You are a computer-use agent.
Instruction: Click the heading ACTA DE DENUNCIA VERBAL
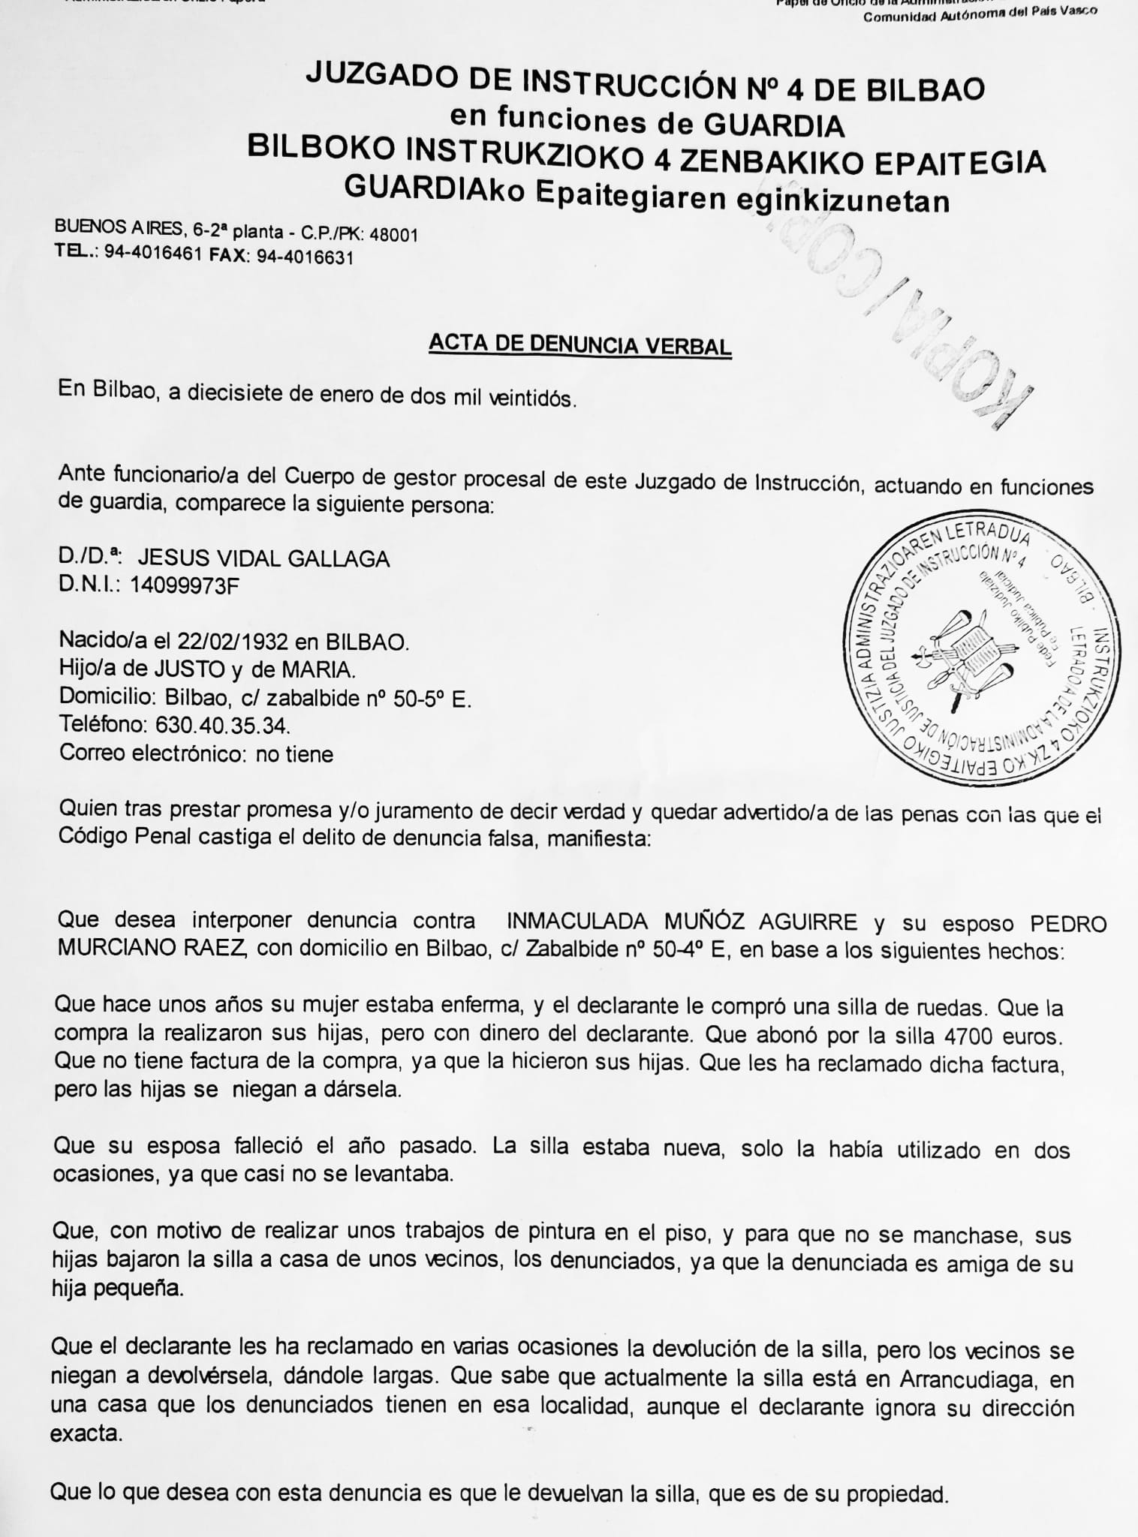coord(580,344)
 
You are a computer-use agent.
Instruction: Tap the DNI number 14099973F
coord(185,585)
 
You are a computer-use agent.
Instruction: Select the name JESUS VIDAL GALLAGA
coord(263,558)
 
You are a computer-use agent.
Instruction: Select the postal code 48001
coord(394,235)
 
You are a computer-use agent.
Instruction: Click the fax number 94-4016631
coord(305,257)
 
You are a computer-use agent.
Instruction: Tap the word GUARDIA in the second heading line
coord(775,125)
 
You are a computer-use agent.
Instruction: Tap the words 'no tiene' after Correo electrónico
coord(294,753)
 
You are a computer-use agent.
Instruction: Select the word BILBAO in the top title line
coord(925,89)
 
